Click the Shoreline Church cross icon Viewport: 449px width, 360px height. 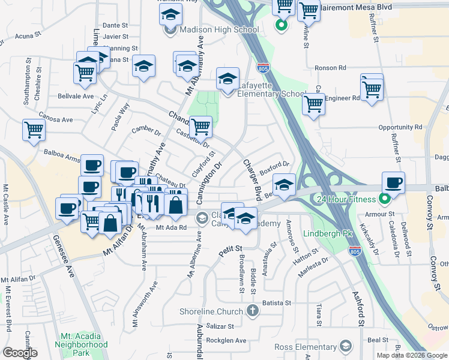click(x=253, y=311)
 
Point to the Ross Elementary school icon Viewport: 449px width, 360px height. click(x=345, y=347)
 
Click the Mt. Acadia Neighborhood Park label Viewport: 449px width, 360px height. click(x=81, y=340)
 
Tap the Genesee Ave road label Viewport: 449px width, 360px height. click(x=70, y=264)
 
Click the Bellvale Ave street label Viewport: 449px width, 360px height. click(x=76, y=96)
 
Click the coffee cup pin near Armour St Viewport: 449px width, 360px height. click(x=393, y=183)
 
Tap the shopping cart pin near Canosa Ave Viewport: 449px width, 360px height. click(x=34, y=130)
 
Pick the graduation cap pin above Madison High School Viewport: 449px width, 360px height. click(x=170, y=14)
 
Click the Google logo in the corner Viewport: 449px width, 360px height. click(x=19, y=353)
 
